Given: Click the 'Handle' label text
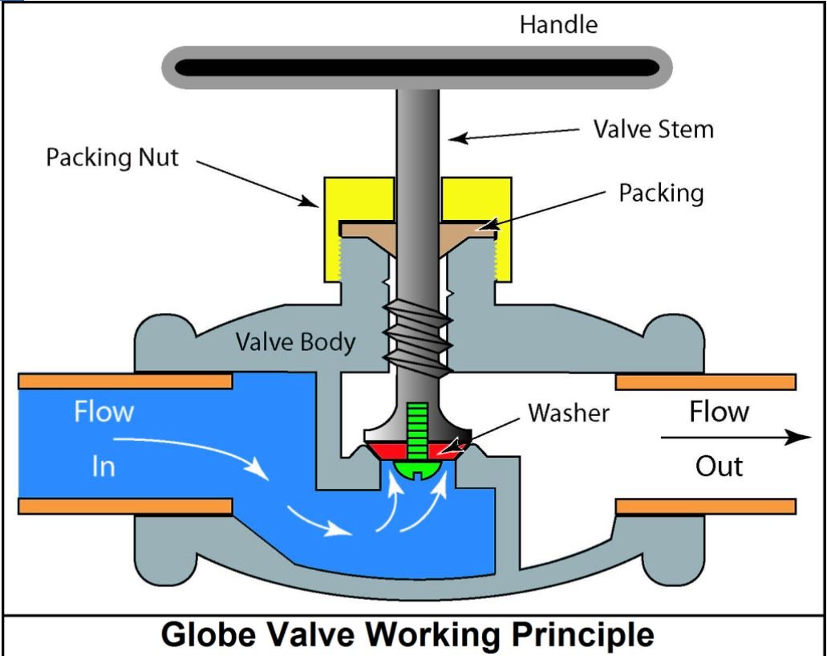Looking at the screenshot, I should point(558,24).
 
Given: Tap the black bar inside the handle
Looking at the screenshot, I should point(417,67).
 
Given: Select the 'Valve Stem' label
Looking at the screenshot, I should point(653,128).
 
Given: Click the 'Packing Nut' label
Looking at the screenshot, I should point(112,157).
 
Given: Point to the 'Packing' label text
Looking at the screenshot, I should point(661,193).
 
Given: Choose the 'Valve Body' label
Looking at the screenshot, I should point(295,342).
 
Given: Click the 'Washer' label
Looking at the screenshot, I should point(569,413).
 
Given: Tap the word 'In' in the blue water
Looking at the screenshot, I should point(103,466).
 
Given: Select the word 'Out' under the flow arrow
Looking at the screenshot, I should point(719,466).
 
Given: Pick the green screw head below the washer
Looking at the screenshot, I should point(416,466).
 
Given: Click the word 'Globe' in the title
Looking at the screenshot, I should point(212,634).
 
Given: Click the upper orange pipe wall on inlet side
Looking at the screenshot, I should point(125,381).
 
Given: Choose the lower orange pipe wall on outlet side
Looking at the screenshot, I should point(705,506).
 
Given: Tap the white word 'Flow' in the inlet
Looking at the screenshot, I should point(103,413).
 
